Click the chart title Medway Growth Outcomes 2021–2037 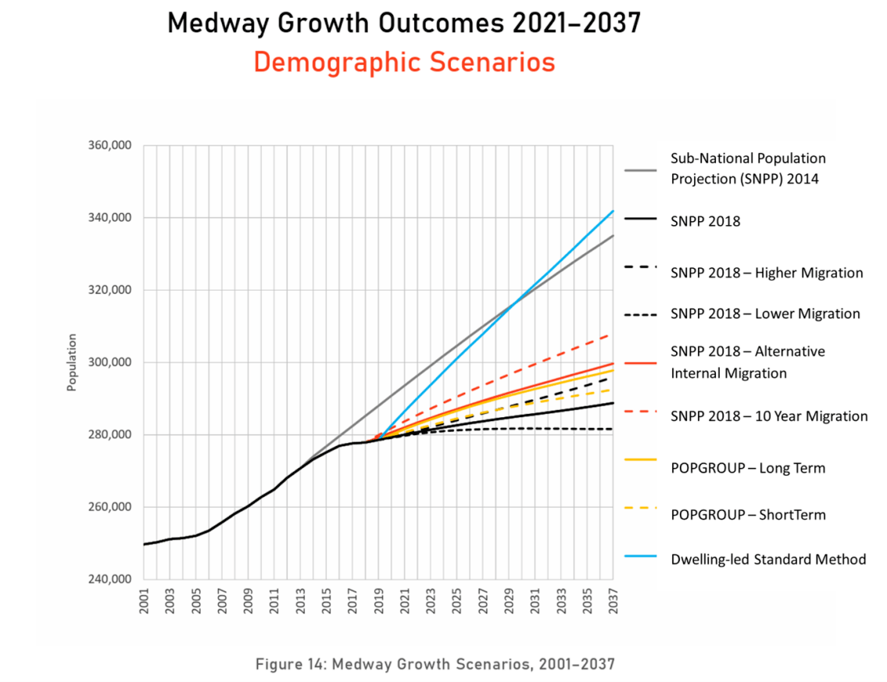(x=404, y=23)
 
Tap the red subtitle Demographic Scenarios (x=404, y=62)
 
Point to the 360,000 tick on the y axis (x=109, y=145)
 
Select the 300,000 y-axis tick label (x=109, y=362)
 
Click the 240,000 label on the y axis (x=109, y=580)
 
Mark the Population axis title (x=72, y=362)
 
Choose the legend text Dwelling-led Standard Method (x=767, y=559)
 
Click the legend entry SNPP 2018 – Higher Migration (x=766, y=273)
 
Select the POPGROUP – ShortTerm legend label (x=747, y=515)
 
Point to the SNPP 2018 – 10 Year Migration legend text (x=768, y=416)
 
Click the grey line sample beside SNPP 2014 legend (x=640, y=169)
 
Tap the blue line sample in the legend (x=640, y=559)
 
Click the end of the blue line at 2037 (x=613, y=211)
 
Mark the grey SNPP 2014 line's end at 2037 (x=613, y=236)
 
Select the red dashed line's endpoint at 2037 (x=613, y=334)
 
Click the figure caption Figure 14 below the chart (x=435, y=664)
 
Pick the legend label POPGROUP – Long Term (x=747, y=468)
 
